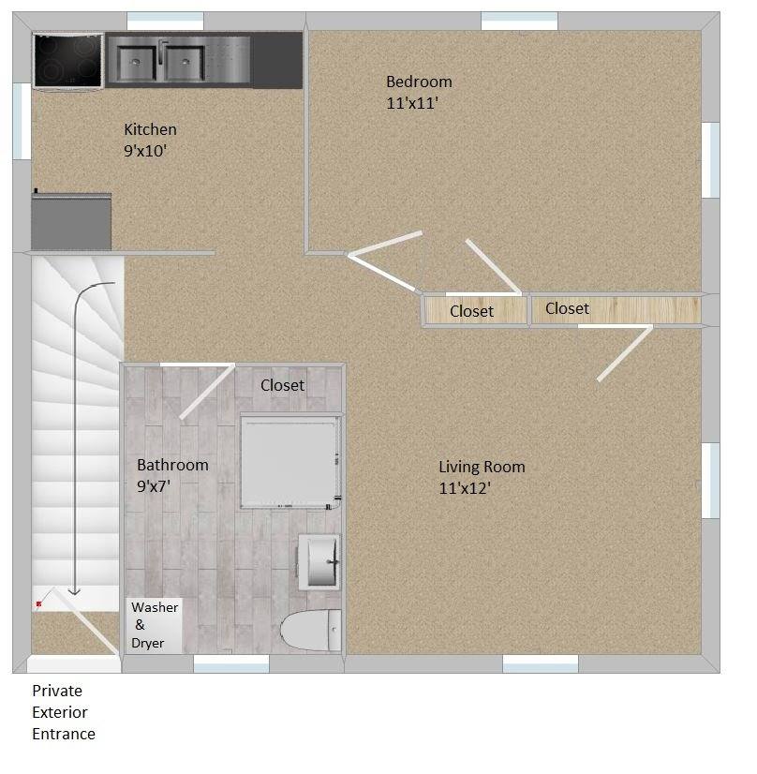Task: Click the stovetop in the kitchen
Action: click(67, 60)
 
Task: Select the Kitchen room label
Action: click(150, 129)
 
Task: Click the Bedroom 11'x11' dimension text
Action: click(412, 103)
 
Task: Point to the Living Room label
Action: click(482, 467)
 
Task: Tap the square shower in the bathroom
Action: click(288, 460)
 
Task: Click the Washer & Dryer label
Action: click(155, 625)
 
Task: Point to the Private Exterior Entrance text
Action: click(64, 712)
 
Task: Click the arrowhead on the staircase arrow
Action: click(75, 591)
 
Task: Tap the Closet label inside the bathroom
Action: click(282, 385)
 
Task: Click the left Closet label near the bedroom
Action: click(471, 311)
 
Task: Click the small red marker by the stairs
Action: click(38, 604)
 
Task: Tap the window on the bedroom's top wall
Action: click(519, 21)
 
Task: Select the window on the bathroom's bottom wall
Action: click(231, 663)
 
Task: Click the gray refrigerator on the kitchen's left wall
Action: click(71, 222)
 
